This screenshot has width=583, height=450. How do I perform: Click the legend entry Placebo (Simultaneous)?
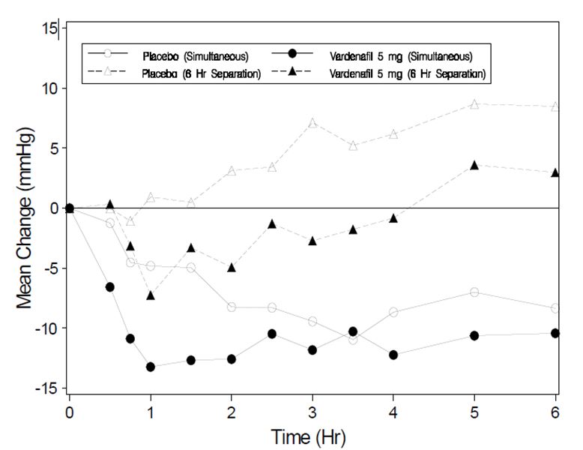pos(196,55)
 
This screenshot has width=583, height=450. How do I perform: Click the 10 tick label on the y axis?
pos(50,88)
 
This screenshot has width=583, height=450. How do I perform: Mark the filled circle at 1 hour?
pos(151,367)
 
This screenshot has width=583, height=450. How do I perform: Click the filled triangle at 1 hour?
pos(151,295)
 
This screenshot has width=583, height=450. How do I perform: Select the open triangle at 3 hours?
pos(312,122)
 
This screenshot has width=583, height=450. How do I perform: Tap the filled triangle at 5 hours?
pos(474,165)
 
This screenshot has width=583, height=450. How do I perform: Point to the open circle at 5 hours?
pos(474,292)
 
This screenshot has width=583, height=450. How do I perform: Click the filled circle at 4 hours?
pos(393,355)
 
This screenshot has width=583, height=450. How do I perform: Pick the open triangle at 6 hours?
pos(555,106)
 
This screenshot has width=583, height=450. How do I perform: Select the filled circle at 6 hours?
pos(555,333)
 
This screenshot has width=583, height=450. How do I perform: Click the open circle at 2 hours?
pos(232,307)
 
